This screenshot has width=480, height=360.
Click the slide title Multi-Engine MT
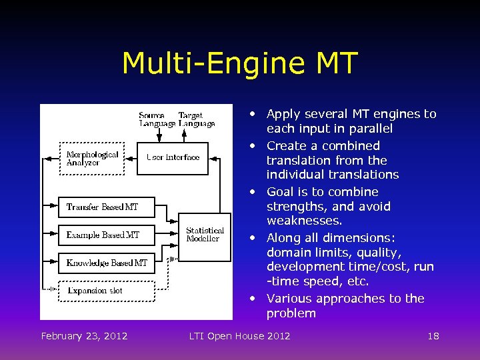(x=240, y=63)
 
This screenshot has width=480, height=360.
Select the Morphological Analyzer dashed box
(x=93, y=159)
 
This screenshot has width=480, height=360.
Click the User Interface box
(x=173, y=158)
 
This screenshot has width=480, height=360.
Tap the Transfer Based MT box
(x=107, y=207)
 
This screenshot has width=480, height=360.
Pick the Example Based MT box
(x=107, y=235)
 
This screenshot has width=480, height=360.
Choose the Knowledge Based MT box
(x=107, y=263)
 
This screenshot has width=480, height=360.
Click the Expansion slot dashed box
(x=107, y=291)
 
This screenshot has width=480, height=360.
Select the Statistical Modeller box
(x=205, y=235)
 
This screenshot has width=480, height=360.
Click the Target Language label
(x=196, y=119)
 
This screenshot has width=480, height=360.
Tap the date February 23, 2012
(x=84, y=335)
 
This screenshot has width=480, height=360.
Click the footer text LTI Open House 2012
(x=239, y=335)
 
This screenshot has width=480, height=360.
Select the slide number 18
(x=433, y=335)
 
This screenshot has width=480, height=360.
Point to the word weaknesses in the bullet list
(x=305, y=221)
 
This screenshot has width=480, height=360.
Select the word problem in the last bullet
(x=291, y=313)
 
